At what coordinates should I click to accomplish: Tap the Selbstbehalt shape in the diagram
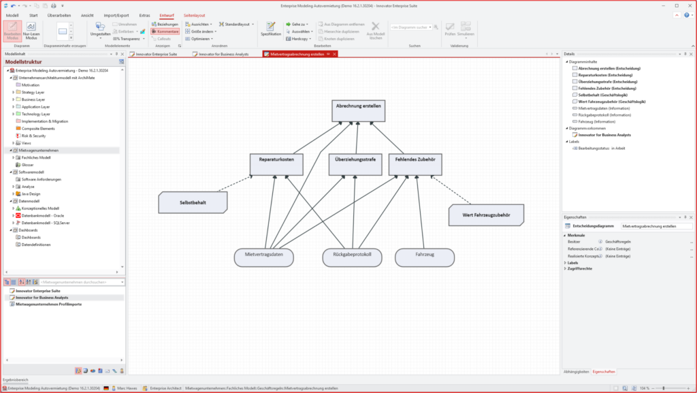click(x=193, y=203)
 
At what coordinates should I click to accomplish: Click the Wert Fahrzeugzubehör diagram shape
click(x=487, y=215)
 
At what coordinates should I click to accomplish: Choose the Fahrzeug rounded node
click(x=424, y=257)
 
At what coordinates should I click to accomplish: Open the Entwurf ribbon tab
click(x=166, y=15)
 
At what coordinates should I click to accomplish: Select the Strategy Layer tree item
click(x=33, y=92)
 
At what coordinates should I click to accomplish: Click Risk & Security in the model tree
click(x=34, y=136)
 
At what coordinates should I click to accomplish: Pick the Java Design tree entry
click(x=31, y=193)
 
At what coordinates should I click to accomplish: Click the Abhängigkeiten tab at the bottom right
click(x=575, y=371)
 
